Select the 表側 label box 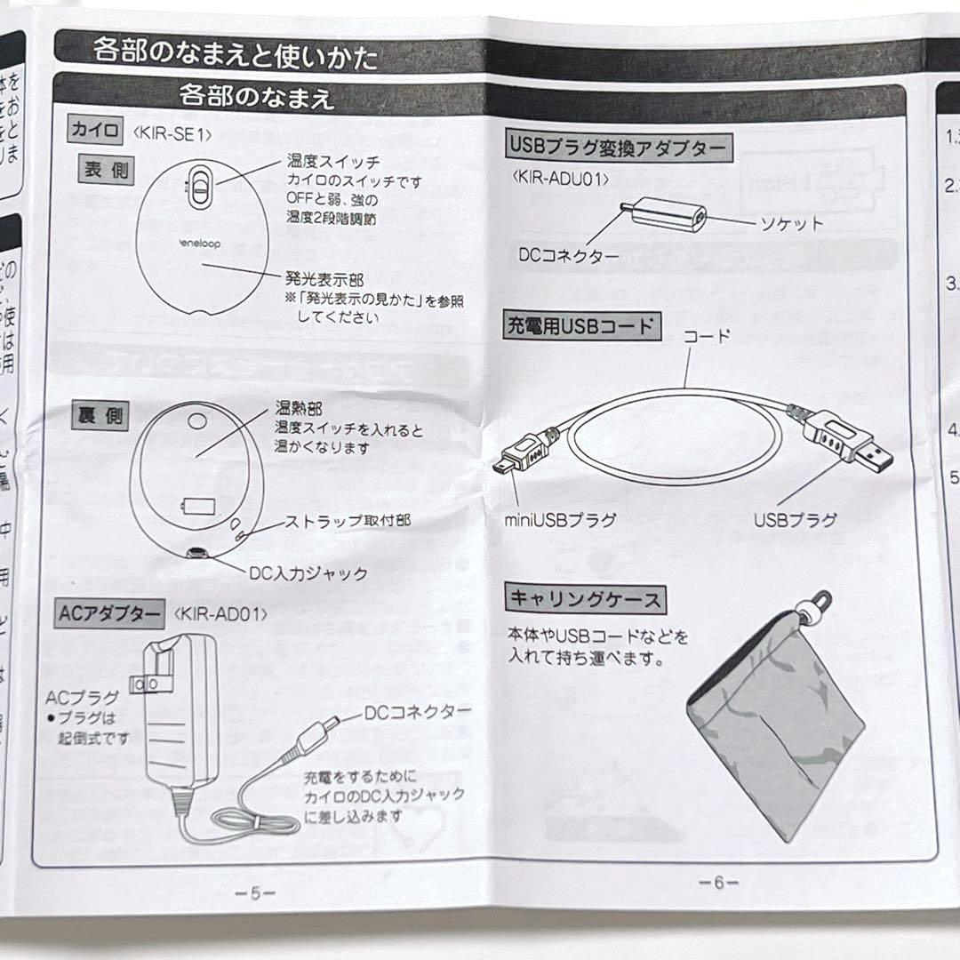pos(103,171)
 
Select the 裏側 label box pos(101,416)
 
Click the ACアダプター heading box pos(109,612)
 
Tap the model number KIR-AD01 pos(222,613)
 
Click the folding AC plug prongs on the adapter pos(146,683)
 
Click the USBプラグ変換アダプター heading pos(619,146)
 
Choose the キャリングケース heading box pos(584,598)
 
